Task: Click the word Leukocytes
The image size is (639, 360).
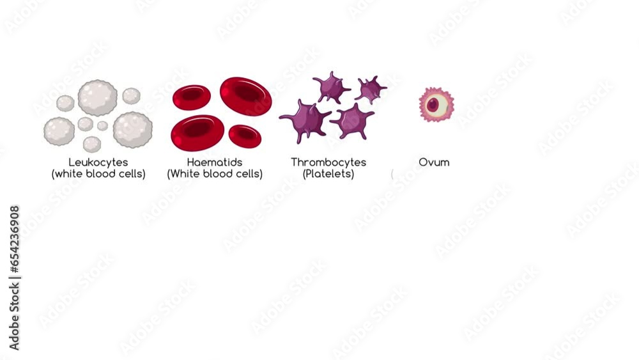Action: [98, 162]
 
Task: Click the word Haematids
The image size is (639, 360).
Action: [215, 162]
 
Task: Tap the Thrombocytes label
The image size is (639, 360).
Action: [328, 162]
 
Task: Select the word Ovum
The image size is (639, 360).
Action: [434, 162]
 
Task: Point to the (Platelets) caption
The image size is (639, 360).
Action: [328, 174]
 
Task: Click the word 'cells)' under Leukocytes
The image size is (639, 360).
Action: [131, 174]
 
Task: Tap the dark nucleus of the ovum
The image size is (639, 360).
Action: [435, 104]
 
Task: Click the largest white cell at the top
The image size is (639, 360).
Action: [98, 97]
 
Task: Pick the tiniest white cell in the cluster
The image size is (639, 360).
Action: [102, 125]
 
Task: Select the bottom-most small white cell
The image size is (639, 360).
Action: [91, 144]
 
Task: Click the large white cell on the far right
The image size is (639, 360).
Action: [133, 129]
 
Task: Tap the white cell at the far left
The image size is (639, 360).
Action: [59, 130]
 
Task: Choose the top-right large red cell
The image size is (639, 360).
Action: [246, 96]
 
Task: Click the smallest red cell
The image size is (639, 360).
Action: [244, 134]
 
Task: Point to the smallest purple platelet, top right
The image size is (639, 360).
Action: [371, 89]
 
